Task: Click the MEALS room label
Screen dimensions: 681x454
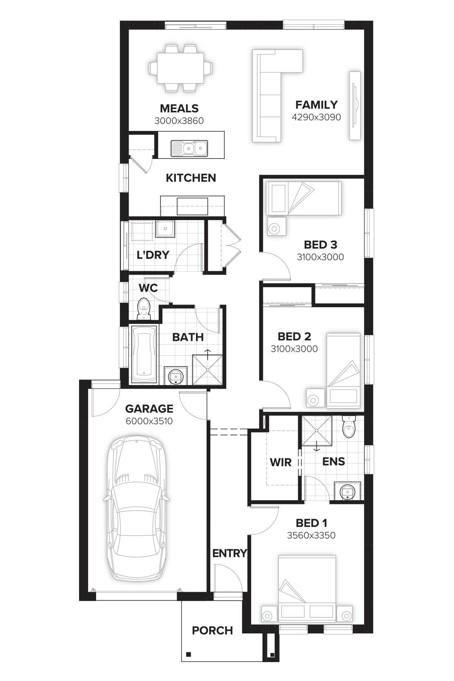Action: (179, 109)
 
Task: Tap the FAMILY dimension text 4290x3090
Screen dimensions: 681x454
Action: (316, 117)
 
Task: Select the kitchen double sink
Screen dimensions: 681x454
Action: (189, 148)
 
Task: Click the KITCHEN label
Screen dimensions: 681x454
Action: (191, 178)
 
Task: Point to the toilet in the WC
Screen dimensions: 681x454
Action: (143, 306)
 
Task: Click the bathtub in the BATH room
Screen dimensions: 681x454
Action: (144, 354)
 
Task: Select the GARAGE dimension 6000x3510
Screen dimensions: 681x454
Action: (149, 421)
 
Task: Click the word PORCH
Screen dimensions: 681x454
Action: (212, 630)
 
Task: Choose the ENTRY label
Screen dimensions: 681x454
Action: (229, 554)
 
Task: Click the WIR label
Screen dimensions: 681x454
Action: (281, 462)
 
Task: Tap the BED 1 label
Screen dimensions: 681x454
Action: (311, 523)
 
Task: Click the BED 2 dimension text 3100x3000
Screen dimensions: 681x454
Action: (294, 349)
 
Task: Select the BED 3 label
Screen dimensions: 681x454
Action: (320, 245)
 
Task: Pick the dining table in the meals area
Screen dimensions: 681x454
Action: (180, 68)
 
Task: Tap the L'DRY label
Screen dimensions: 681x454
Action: (152, 255)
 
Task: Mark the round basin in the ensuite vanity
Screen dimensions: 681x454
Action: (347, 492)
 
